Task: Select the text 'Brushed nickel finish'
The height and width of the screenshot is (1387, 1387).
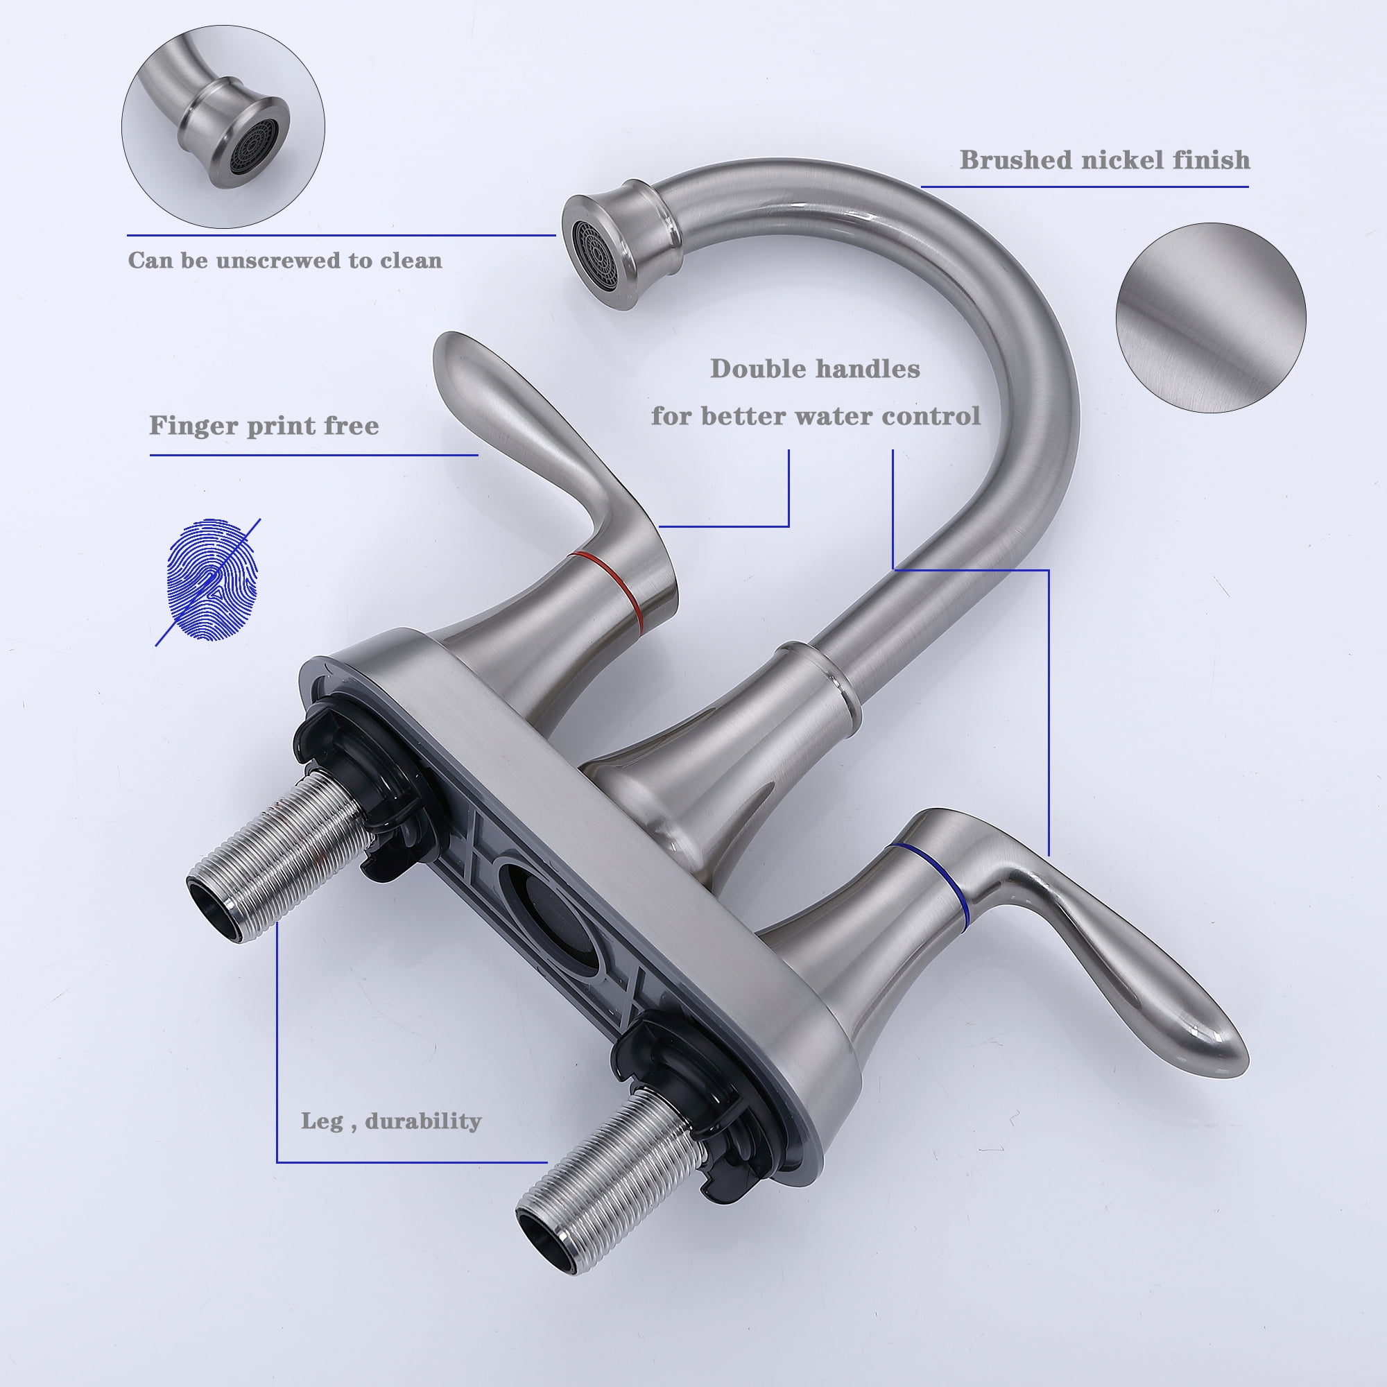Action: pos(1105,160)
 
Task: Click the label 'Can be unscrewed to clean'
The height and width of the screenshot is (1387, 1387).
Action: pos(285,260)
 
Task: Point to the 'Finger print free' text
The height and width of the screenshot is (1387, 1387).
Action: pos(264,426)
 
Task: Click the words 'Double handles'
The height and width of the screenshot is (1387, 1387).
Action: pos(815,369)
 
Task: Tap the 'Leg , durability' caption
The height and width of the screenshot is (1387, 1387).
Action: pos(390,1121)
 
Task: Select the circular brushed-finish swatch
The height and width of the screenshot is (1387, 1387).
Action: pos(1210,318)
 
